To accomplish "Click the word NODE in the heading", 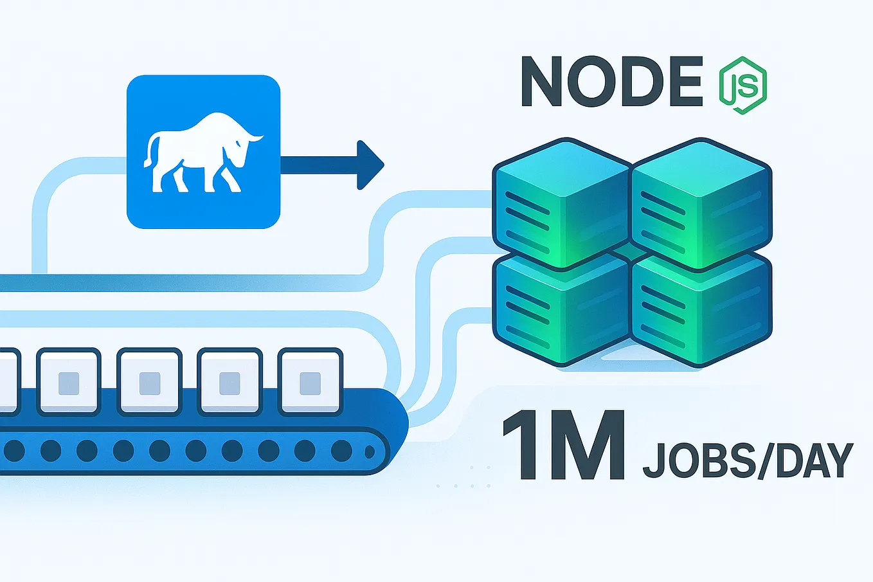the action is tap(611, 82).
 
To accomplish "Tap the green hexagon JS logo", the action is tap(742, 86).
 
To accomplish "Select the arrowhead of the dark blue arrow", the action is tap(370, 165).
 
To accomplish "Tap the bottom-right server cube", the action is tap(701, 309).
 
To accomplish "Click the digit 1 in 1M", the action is tap(526, 445).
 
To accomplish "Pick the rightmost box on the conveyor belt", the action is tap(310, 382).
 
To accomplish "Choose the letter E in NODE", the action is tap(683, 82).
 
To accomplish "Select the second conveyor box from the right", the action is tap(230, 382).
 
